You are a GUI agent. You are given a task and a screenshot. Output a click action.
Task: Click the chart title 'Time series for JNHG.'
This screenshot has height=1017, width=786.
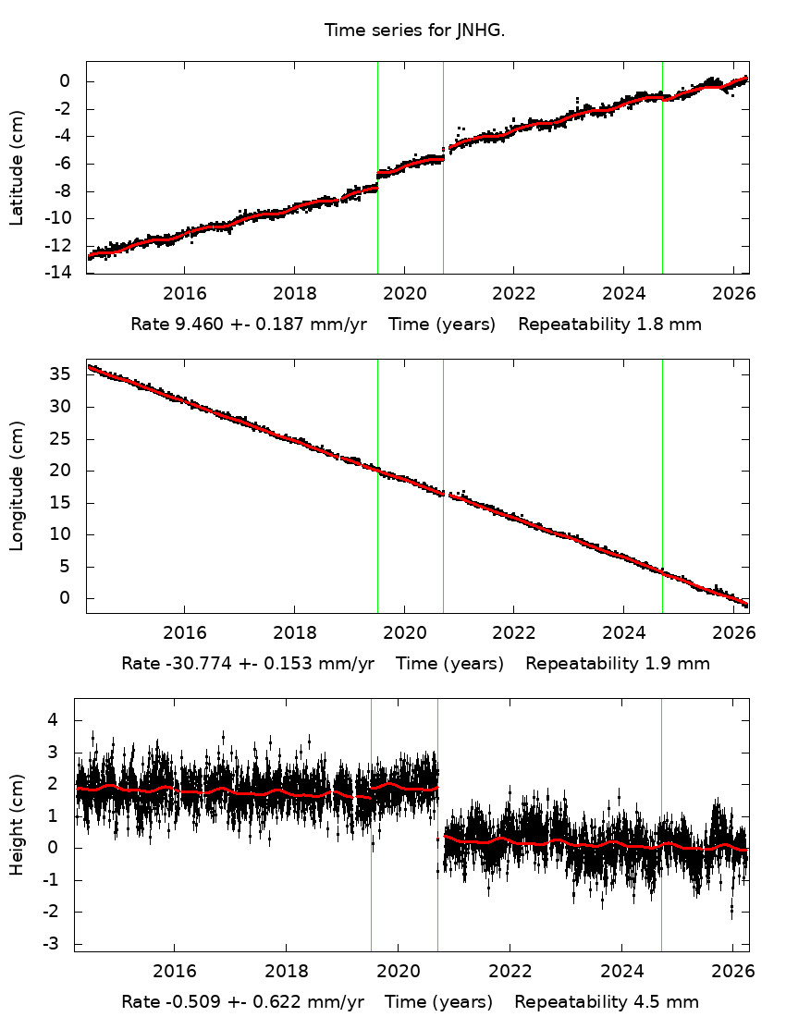(414, 31)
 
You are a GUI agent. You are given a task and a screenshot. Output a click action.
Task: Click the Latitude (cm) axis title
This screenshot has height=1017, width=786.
(17, 167)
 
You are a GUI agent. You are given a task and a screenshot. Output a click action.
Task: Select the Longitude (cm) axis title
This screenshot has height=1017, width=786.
(17, 485)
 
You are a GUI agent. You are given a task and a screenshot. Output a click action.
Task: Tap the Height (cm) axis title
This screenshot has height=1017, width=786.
(17, 825)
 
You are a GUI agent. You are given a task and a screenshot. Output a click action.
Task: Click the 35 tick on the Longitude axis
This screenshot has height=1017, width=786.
(67, 374)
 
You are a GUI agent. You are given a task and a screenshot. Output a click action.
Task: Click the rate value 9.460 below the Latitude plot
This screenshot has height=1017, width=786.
(188, 325)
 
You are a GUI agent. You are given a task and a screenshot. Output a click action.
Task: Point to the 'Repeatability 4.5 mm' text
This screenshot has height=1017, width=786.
(607, 1002)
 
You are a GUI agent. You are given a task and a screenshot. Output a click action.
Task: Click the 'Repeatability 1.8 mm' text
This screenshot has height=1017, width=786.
(609, 325)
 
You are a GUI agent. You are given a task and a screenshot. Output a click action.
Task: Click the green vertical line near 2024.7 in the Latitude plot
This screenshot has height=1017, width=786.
(662, 185)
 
